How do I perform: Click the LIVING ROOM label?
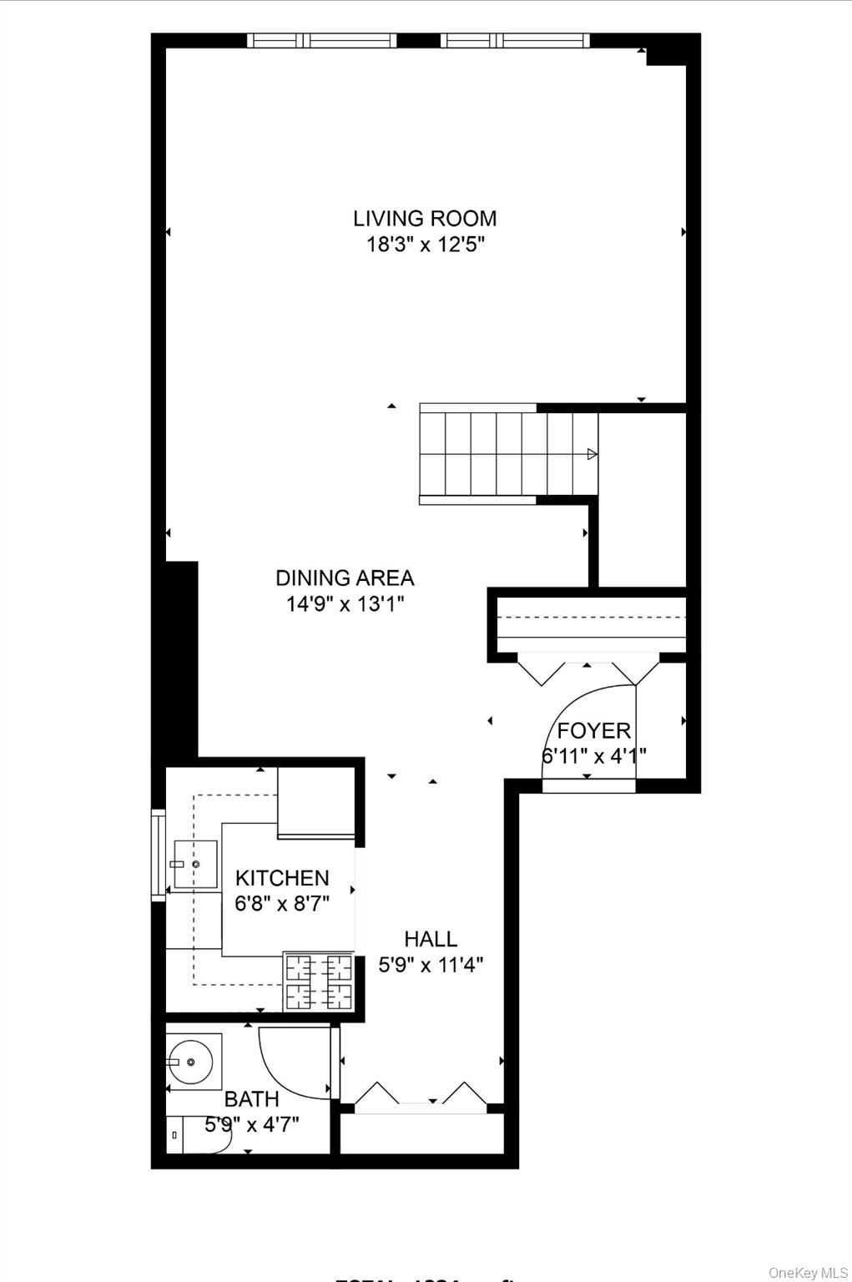[x=425, y=219]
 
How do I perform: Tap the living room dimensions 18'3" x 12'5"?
[x=425, y=245]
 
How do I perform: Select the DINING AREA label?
[x=345, y=578]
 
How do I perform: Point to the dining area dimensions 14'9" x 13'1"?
[x=345, y=604]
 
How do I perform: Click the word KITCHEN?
[x=282, y=878]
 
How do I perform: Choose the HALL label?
[x=431, y=939]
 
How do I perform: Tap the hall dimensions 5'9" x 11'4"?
[x=431, y=966]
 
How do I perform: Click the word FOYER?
[x=593, y=731]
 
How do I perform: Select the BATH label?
[x=251, y=1099]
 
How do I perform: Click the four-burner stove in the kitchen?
[x=319, y=982]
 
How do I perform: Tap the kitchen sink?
[x=194, y=865]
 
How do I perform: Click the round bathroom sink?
[x=191, y=1062]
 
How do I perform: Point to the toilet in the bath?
[x=196, y=1136]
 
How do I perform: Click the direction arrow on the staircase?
[x=592, y=454]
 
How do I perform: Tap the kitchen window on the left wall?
[x=158, y=855]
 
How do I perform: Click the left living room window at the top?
[x=321, y=40]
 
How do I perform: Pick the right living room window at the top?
[x=515, y=40]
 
